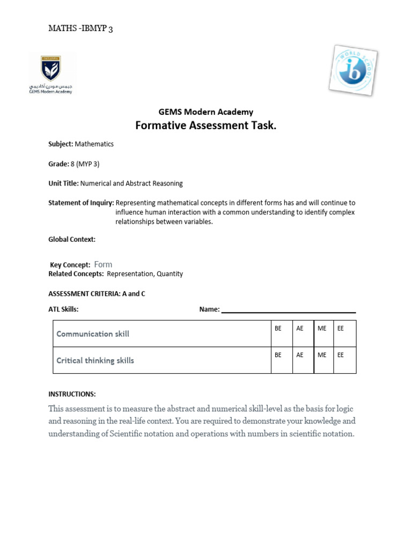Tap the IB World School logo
tap(352, 69)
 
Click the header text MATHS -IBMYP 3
tap(80, 29)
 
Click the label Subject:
tap(61, 144)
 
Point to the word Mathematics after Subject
tap(94, 144)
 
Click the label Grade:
tap(58, 164)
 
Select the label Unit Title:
tap(64, 183)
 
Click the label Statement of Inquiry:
tap(81, 203)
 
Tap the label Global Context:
tap(72, 240)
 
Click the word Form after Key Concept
tap(103, 264)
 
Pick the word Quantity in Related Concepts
tap(171, 274)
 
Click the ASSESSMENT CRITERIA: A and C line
tap(97, 294)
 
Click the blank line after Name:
tap(288, 310)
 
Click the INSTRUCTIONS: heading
tap(72, 394)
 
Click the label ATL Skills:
tap(63, 309)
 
